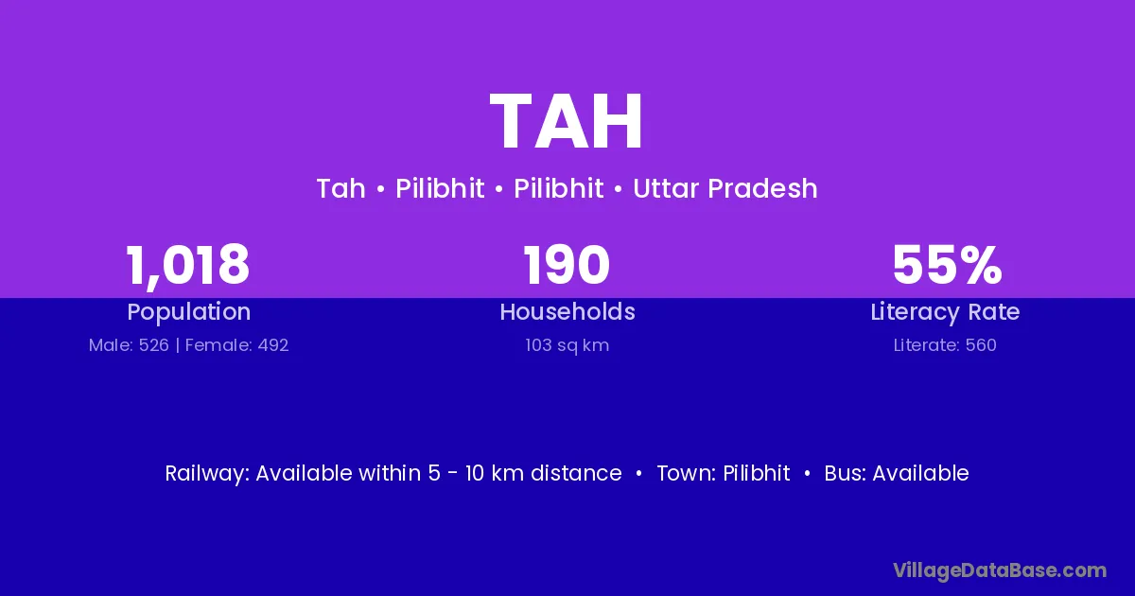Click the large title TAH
click(x=567, y=121)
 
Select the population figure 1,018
click(x=188, y=266)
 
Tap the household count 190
click(x=567, y=265)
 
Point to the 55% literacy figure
click(x=947, y=265)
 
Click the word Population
click(x=189, y=312)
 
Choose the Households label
click(x=567, y=311)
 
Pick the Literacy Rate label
click(x=945, y=312)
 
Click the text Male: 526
click(x=129, y=345)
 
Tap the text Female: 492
click(x=236, y=345)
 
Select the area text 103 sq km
click(x=567, y=345)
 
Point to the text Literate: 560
click(x=945, y=345)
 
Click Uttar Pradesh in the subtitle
click(x=725, y=188)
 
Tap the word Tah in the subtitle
click(x=341, y=188)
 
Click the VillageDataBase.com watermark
click(x=1000, y=570)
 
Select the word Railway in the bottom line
click(x=207, y=474)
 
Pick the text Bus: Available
click(x=897, y=473)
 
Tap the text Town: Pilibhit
click(x=724, y=473)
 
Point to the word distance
click(x=576, y=473)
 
